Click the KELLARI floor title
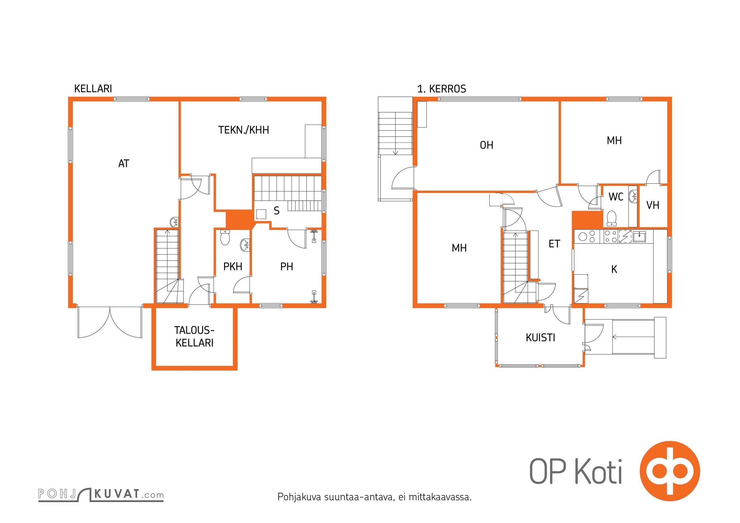click(x=93, y=89)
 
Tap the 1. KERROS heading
click(x=442, y=89)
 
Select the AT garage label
click(x=124, y=163)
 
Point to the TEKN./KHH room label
click(x=244, y=130)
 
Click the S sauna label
click(x=276, y=211)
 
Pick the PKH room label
click(x=233, y=267)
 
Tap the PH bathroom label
click(x=287, y=267)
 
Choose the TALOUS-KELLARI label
click(x=194, y=336)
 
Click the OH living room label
click(x=486, y=145)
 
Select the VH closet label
click(x=653, y=205)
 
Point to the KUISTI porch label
click(x=540, y=338)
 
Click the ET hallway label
click(x=554, y=244)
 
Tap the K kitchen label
click(x=614, y=269)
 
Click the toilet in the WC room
click(x=611, y=218)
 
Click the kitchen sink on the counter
click(x=639, y=236)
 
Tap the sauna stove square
click(x=261, y=214)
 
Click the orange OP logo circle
click(x=669, y=471)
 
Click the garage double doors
click(x=110, y=322)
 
